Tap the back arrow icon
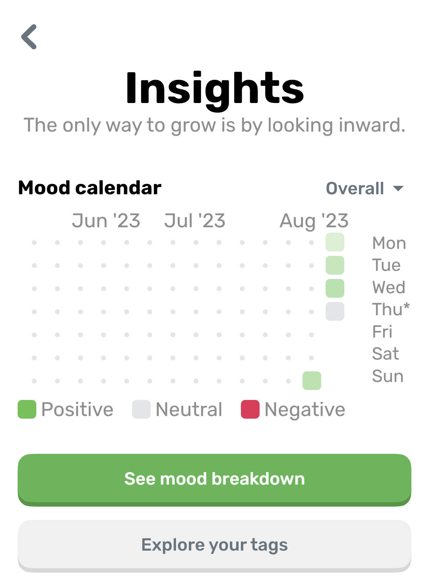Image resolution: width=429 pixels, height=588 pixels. point(29,37)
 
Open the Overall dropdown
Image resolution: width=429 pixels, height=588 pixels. point(364,188)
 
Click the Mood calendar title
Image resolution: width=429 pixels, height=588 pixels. point(90,188)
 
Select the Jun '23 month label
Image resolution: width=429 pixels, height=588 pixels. point(106,221)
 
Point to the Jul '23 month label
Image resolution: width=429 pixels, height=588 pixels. point(195,221)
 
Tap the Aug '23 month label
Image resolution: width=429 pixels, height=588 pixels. point(314,221)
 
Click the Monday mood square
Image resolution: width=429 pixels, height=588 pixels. point(335,242)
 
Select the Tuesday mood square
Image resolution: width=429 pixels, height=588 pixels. point(335,265)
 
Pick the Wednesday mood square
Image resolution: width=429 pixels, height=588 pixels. point(335,288)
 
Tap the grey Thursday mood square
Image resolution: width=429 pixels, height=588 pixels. point(335,311)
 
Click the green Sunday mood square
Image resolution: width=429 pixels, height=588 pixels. point(312,381)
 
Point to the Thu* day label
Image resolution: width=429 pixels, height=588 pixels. point(390,309)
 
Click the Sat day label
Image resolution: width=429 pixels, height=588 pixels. point(385,353)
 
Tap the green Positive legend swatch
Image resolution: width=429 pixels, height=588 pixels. point(27,409)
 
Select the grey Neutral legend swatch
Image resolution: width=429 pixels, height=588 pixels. point(141,409)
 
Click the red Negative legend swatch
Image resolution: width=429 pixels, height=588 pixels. point(250,409)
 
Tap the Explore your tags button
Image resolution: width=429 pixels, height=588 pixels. point(214,545)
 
